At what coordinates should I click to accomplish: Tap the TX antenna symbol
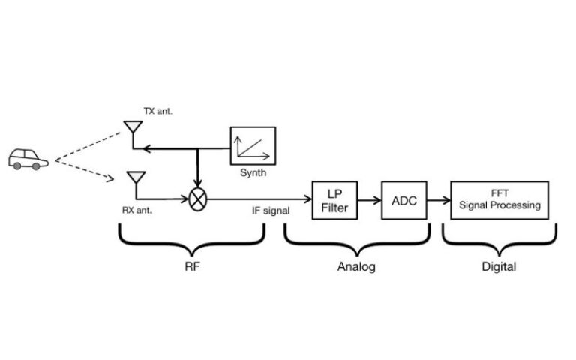tap(133, 130)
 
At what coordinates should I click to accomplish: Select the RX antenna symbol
tap(136, 180)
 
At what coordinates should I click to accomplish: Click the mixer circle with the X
tap(197, 200)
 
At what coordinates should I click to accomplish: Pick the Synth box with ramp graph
tap(253, 145)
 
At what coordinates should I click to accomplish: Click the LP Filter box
tap(334, 200)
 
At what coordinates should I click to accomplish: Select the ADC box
tap(404, 200)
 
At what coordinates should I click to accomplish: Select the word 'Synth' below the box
tap(253, 173)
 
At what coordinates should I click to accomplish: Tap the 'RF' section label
tap(193, 266)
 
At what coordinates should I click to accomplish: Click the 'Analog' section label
tap(356, 266)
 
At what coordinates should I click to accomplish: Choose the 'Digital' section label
tap(498, 266)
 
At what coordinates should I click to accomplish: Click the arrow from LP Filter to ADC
tap(369, 200)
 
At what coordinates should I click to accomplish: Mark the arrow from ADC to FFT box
tap(439, 200)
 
